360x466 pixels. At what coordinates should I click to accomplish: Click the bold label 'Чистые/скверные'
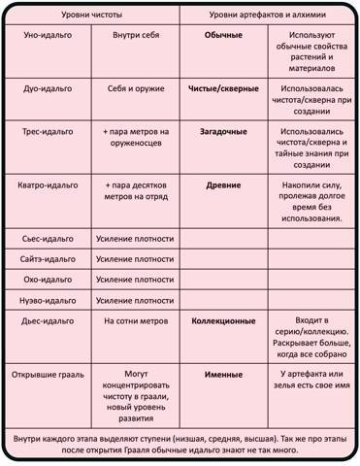click(x=223, y=88)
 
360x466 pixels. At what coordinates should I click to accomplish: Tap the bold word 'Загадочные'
click(x=223, y=129)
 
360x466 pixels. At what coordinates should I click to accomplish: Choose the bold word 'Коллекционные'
click(x=223, y=319)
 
